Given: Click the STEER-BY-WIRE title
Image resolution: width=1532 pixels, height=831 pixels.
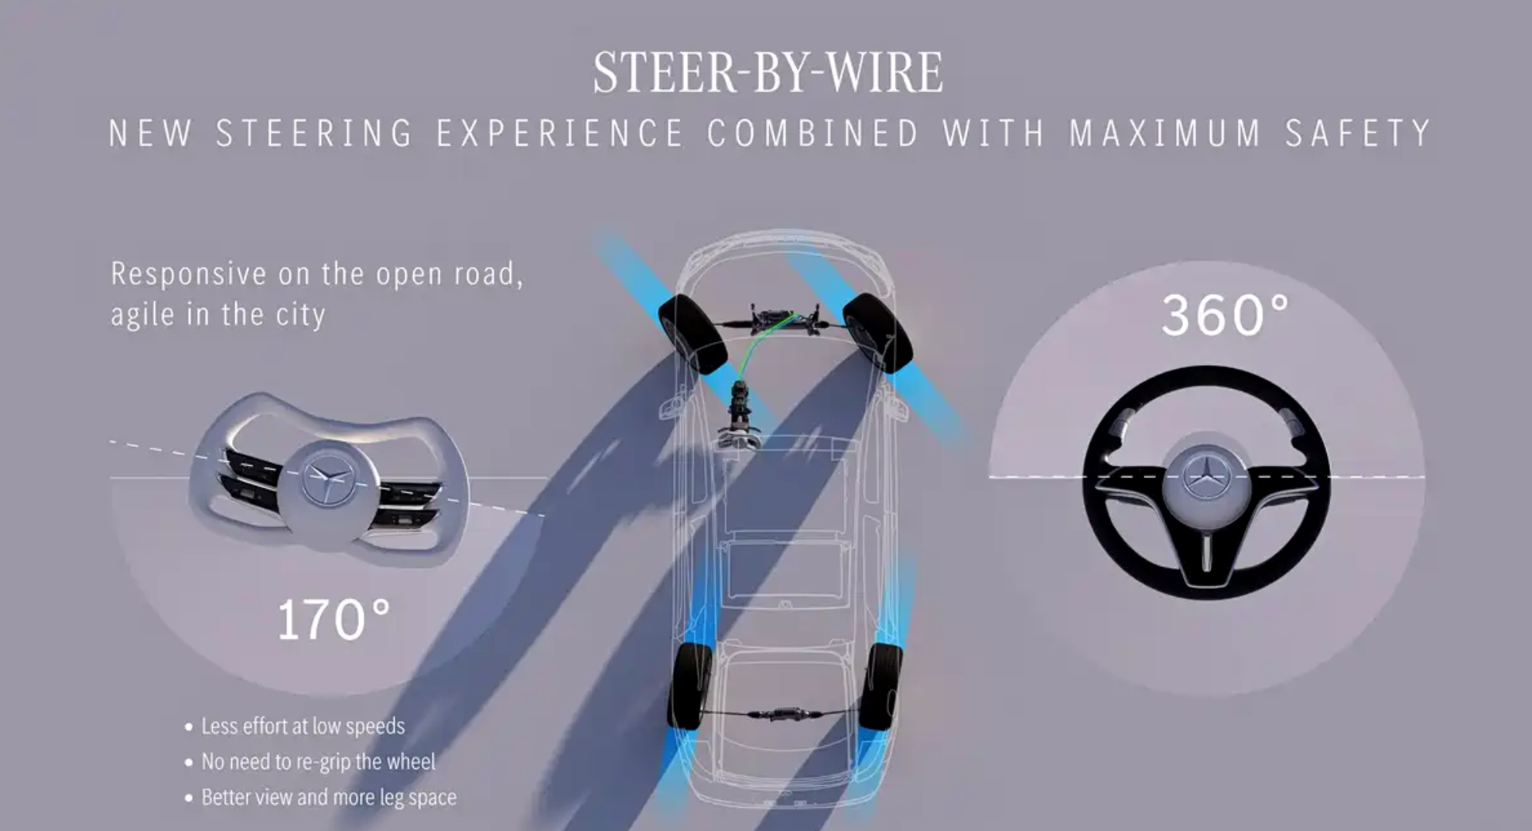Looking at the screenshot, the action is click(x=768, y=73).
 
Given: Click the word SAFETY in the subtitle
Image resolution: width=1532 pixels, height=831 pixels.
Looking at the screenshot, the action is click(x=1358, y=133).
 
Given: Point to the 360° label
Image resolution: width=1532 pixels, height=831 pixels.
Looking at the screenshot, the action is click(x=1226, y=315).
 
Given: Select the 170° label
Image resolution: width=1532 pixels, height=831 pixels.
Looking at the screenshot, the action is click(x=333, y=620).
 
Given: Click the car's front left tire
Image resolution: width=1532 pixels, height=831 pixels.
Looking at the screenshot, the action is click(x=692, y=333).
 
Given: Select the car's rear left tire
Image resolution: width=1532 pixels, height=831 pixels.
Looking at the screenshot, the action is click(x=689, y=686).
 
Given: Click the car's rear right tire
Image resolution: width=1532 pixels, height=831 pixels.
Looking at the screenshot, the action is click(x=881, y=686).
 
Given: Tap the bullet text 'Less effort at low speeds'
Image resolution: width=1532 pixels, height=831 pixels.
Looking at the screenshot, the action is click(x=303, y=727).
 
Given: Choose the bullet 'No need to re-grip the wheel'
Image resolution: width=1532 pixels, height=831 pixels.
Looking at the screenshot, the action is click(x=318, y=762).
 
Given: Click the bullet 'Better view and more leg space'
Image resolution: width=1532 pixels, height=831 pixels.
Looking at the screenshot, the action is click(x=329, y=798).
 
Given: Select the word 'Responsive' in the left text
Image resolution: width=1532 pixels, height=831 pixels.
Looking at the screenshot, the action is click(x=189, y=274).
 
